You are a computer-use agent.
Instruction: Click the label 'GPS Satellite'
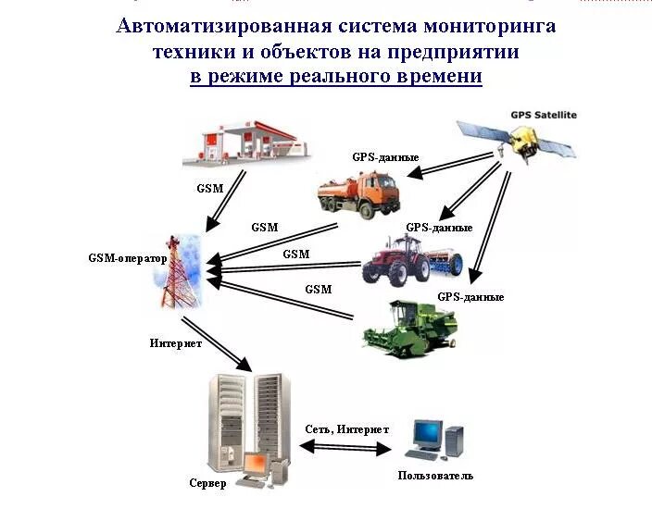[x=544, y=115]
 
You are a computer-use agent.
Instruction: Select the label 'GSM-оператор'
[x=128, y=259]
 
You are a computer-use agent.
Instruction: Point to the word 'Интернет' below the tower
[x=176, y=343]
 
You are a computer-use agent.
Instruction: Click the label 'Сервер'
[x=208, y=483]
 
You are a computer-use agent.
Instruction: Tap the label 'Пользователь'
[x=435, y=476]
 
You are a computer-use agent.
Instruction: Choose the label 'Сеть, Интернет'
[x=346, y=429]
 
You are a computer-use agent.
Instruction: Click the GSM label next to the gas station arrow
[x=210, y=188]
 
